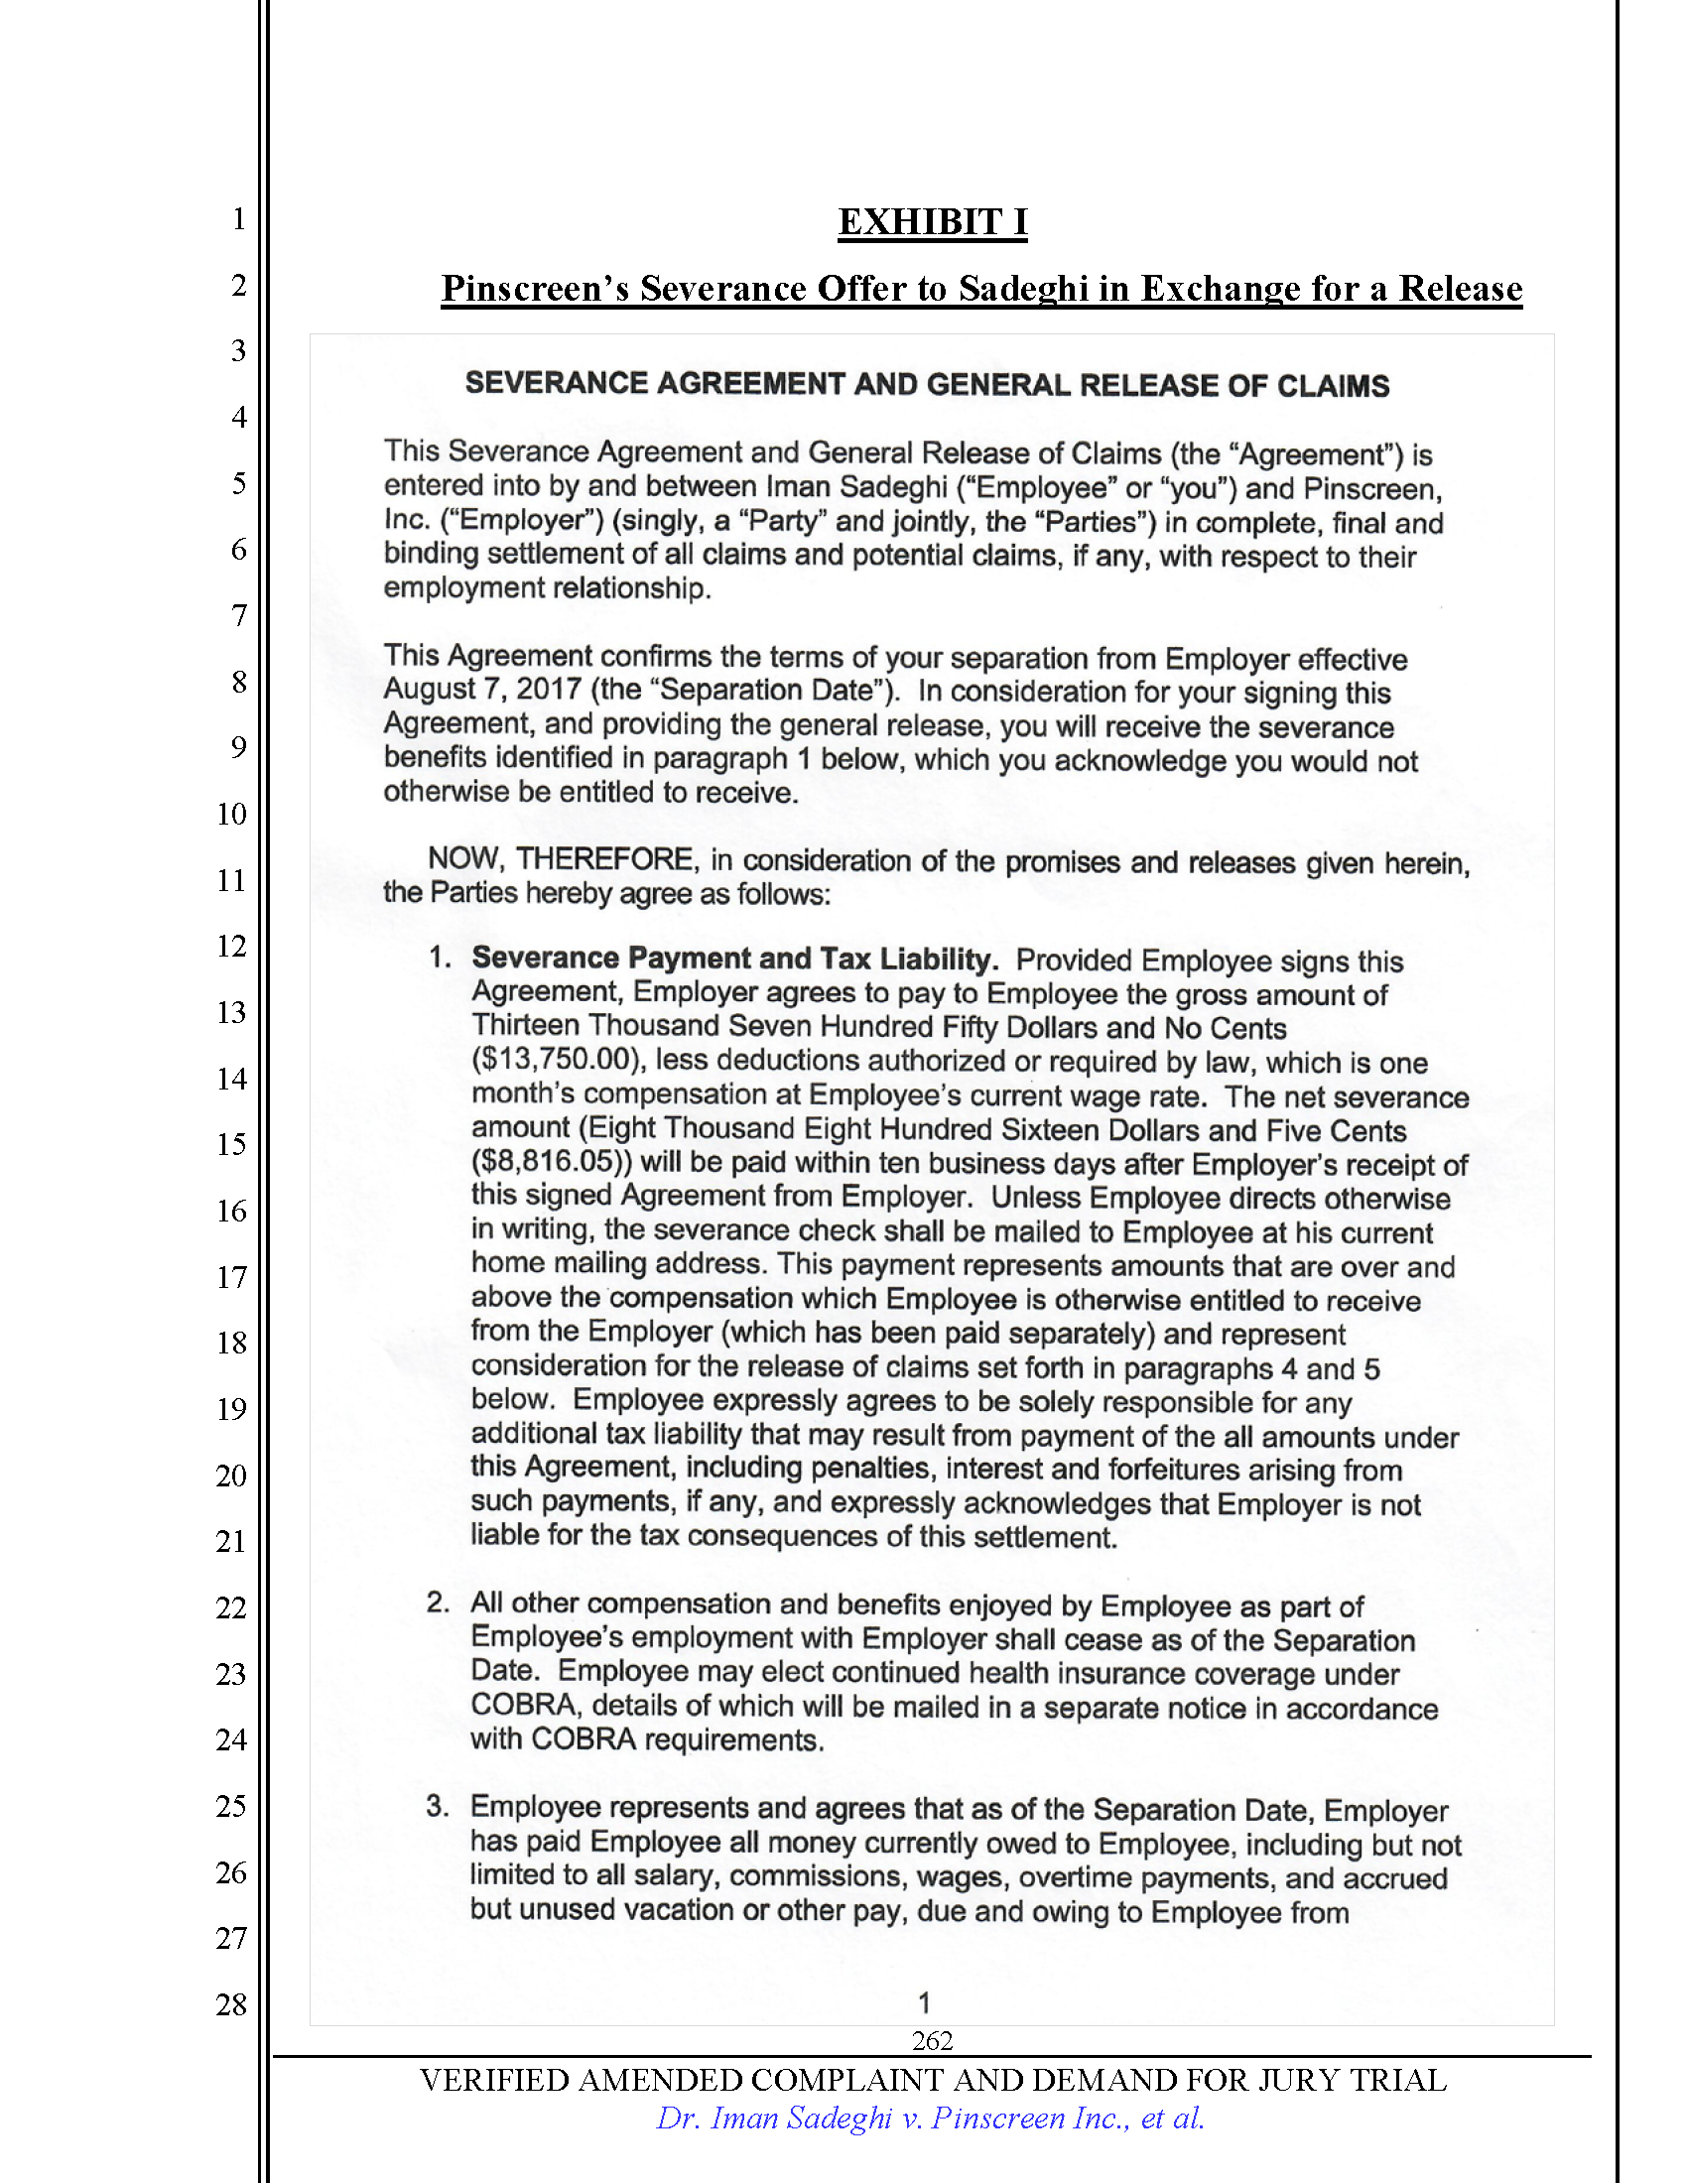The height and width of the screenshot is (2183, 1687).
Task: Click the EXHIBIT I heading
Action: pos(932,222)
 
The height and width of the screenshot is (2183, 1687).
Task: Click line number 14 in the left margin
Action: pos(232,1079)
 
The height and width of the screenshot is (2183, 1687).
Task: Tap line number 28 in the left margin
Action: pos(232,2004)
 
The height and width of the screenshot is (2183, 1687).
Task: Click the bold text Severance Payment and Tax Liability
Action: pos(734,959)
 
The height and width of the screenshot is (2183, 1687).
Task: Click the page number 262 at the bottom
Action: pos(932,2040)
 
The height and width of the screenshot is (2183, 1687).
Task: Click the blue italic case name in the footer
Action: pos(930,2119)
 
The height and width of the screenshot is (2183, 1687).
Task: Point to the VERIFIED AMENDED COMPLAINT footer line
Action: pos(932,2080)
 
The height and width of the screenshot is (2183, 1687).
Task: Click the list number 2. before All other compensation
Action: pos(438,1603)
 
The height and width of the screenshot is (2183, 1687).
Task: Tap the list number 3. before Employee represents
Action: pos(438,1805)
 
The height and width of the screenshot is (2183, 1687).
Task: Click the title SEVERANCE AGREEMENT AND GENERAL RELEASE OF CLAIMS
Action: pos(927,385)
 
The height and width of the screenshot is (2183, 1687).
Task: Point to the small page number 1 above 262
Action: pos(925,2002)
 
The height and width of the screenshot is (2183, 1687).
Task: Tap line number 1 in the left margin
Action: pos(239,218)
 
